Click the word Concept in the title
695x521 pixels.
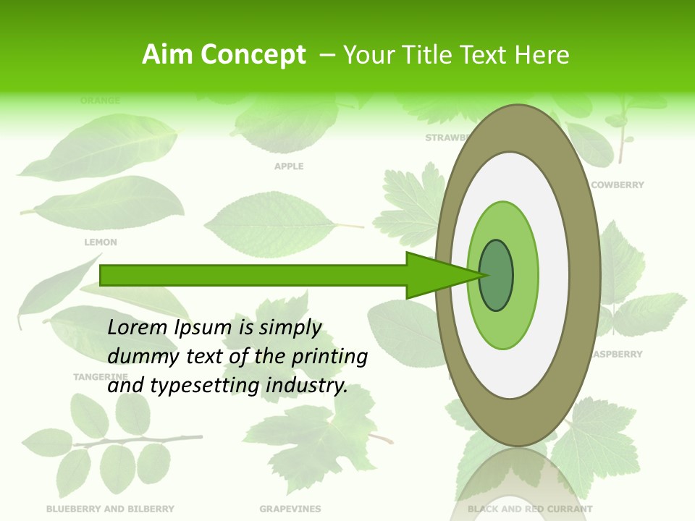point(253,55)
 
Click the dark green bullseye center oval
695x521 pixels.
point(496,276)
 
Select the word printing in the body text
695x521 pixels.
point(329,357)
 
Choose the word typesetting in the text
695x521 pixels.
point(203,386)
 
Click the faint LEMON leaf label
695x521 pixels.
point(101,242)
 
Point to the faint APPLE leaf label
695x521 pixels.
point(289,166)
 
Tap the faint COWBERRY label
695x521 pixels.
point(617,185)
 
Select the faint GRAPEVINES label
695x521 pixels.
point(290,509)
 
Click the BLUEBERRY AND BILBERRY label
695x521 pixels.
point(110,509)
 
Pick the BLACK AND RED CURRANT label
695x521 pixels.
point(530,509)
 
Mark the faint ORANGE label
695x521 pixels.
point(101,101)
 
